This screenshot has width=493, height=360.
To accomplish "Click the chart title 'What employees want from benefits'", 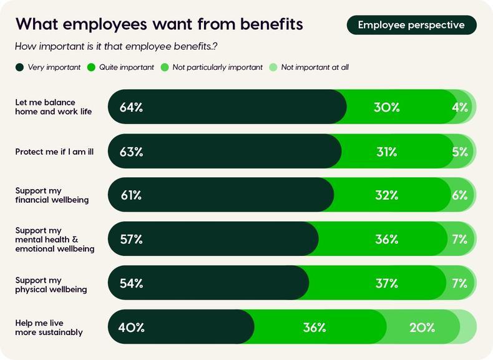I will [x=159, y=24].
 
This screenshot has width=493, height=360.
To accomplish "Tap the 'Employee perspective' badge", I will [x=411, y=25].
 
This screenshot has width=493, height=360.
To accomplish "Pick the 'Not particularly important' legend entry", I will [x=212, y=67].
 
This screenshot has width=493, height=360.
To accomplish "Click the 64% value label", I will [x=131, y=107].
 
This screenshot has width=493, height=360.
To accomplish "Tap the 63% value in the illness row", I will [x=131, y=152].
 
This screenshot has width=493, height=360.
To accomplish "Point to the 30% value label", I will [x=387, y=107].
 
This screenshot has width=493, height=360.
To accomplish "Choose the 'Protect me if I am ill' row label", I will [x=54, y=152].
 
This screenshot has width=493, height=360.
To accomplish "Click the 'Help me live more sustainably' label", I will [x=49, y=328].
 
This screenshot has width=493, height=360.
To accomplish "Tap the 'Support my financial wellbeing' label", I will [x=52, y=195].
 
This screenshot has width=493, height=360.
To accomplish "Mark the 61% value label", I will [x=131, y=195].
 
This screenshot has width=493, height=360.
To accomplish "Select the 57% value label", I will [x=131, y=239].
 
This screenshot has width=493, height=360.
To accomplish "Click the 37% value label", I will [x=387, y=283].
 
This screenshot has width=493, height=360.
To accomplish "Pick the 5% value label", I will [x=460, y=152].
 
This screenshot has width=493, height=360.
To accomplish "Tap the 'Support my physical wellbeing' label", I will [x=51, y=285].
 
